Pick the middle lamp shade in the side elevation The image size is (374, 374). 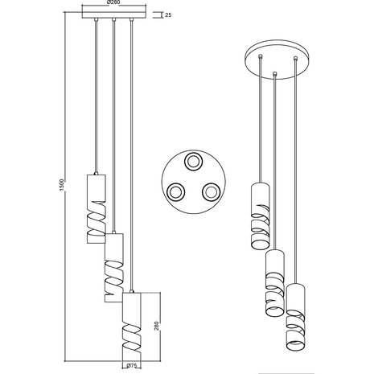pyautogui.click(x=114, y=268)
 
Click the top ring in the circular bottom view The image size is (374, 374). pyautogui.click(x=194, y=162)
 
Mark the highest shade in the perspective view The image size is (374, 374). pyautogui.click(x=259, y=218)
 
